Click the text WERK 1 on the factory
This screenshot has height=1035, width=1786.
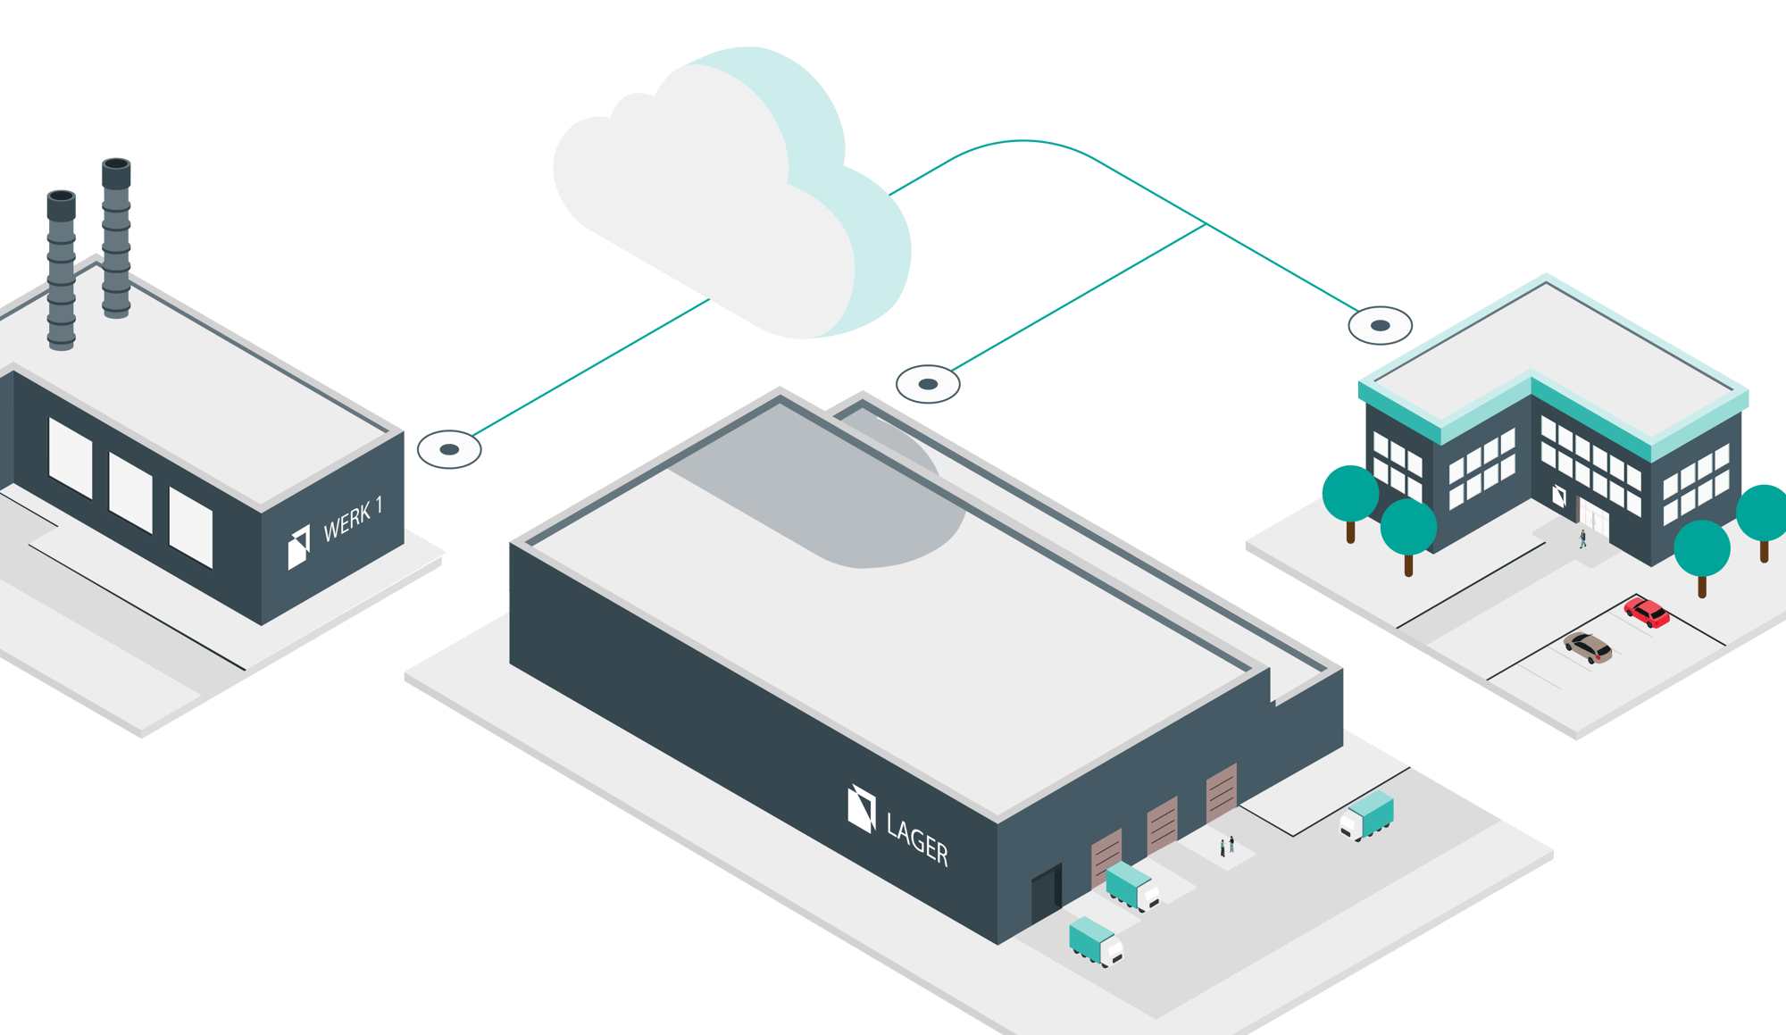click(x=353, y=518)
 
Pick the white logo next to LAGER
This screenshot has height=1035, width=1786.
click(x=861, y=808)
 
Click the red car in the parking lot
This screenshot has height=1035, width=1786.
click(x=1647, y=613)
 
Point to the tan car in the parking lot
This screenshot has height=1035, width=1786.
click(x=1589, y=647)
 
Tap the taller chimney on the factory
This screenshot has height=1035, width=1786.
click(x=116, y=237)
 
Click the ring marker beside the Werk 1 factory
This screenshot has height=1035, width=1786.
click(x=449, y=449)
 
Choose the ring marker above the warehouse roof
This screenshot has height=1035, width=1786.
click(x=928, y=384)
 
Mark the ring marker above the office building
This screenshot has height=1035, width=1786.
click(x=1380, y=325)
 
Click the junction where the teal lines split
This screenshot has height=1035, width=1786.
click(x=1206, y=225)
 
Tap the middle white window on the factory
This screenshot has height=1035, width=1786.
click(x=130, y=493)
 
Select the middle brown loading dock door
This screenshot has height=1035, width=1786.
click(x=1162, y=825)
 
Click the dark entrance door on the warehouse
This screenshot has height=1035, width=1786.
click(x=1046, y=892)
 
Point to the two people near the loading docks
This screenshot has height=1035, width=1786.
click(x=1227, y=845)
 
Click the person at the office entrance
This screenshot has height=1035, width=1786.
click(x=1583, y=538)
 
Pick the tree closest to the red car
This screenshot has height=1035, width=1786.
click(x=1701, y=554)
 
